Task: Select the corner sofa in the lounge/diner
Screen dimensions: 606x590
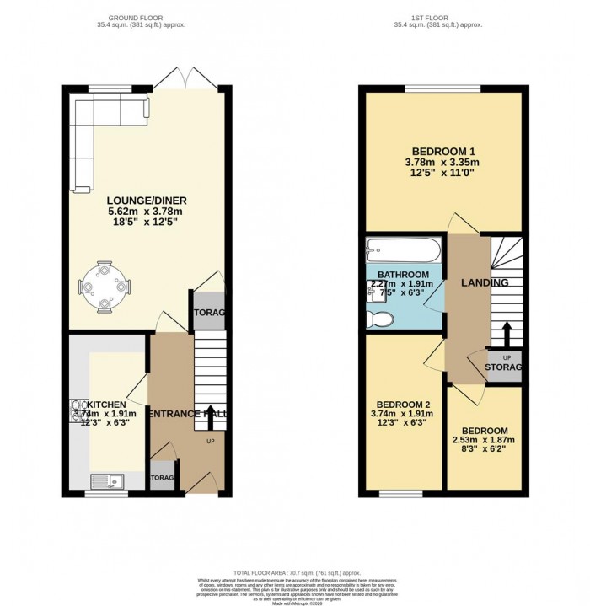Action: [93, 126]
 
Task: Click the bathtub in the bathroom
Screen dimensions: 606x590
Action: [403, 250]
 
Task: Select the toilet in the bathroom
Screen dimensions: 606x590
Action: [380, 319]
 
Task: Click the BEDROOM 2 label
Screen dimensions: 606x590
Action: [401, 403]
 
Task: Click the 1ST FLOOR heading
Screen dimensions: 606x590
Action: [443, 16]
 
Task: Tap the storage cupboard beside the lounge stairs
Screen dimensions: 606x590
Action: [209, 313]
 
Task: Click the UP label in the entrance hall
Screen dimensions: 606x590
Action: [211, 441]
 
